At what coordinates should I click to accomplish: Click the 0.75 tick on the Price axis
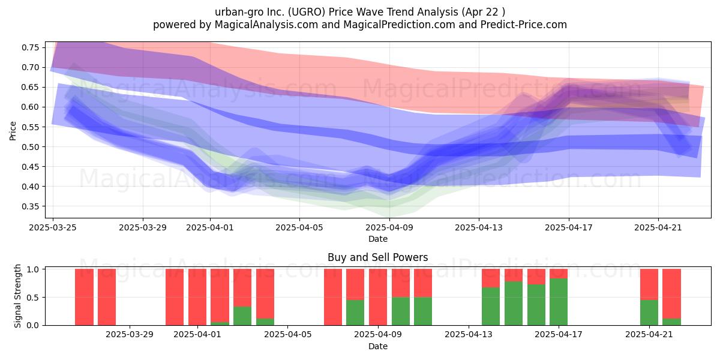click(30, 47)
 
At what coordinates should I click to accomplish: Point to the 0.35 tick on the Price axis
click(30, 206)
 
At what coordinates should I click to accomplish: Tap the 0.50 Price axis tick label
click(30, 147)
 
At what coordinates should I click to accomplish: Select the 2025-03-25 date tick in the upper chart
click(53, 227)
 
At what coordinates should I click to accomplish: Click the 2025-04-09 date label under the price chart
click(389, 227)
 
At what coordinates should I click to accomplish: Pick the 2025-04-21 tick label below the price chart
click(658, 227)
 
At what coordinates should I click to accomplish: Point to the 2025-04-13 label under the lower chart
click(469, 335)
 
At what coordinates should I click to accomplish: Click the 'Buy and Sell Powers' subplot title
click(377, 257)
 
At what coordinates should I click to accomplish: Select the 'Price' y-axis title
click(13, 131)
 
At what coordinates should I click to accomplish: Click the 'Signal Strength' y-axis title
click(17, 296)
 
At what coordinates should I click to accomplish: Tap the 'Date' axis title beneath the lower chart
click(377, 347)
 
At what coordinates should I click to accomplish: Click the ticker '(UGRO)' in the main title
click(307, 12)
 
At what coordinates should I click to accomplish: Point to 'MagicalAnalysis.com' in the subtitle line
click(266, 25)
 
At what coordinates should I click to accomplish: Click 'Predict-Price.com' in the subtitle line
click(524, 25)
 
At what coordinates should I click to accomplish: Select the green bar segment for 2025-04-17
click(559, 302)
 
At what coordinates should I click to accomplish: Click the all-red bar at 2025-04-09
click(378, 298)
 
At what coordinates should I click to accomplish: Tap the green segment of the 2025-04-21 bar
click(649, 313)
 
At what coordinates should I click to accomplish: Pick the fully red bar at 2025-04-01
click(197, 298)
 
